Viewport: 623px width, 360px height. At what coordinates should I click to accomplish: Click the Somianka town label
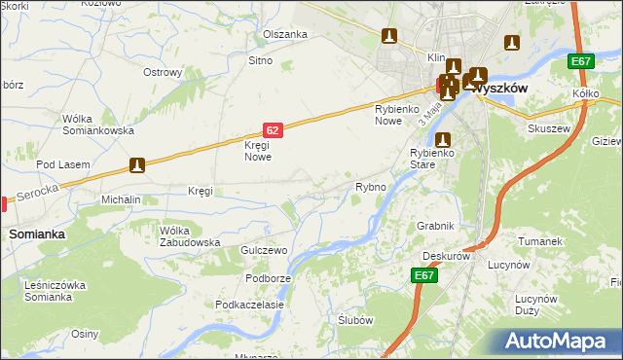click(37, 234)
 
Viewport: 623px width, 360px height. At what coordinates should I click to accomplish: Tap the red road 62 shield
click(274, 128)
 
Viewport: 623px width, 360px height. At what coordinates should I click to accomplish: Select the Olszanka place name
click(285, 34)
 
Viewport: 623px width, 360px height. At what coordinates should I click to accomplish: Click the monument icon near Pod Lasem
click(137, 165)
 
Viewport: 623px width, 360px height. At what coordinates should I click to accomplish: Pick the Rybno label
click(371, 186)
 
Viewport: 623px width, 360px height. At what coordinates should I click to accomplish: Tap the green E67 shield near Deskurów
click(422, 276)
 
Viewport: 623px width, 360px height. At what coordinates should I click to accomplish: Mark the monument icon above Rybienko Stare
click(443, 139)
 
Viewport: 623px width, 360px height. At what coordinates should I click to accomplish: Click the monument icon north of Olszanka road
click(389, 37)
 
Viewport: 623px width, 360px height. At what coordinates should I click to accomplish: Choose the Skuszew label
click(547, 127)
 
